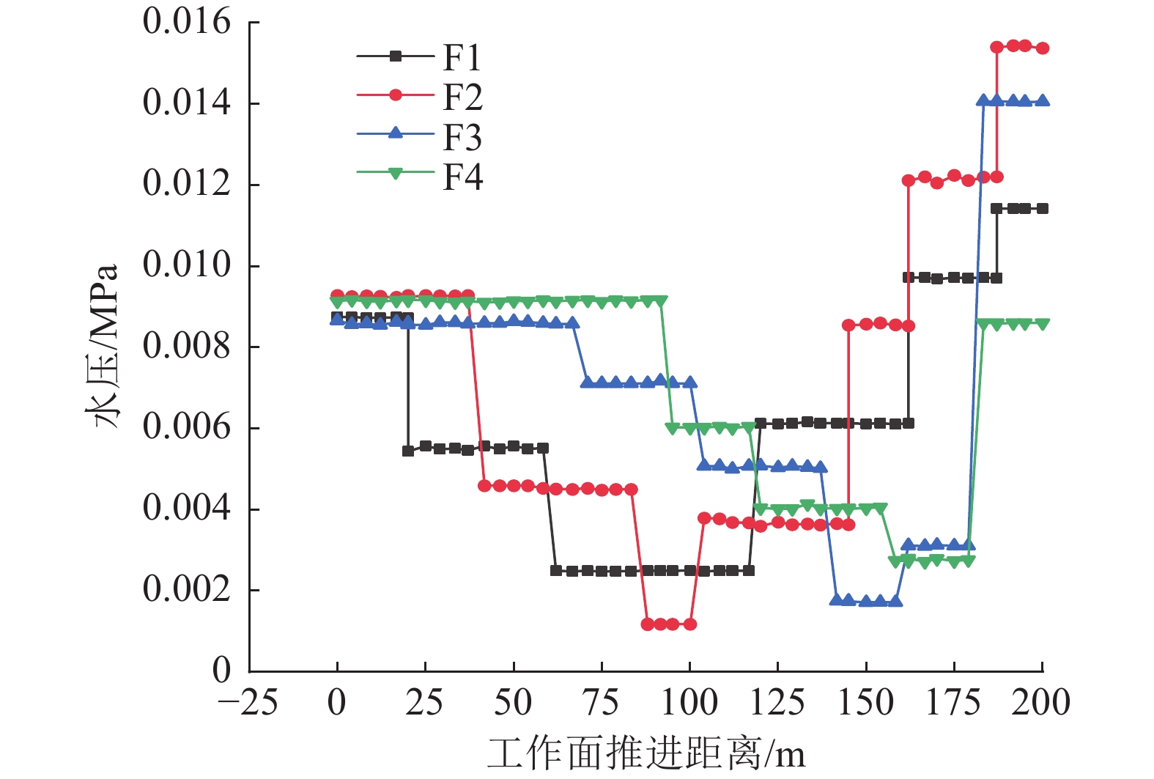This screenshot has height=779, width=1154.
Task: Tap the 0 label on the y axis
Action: (221, 669)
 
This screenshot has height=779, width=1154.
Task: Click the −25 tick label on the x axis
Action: (248, 703)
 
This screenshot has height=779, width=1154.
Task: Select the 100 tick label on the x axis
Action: (689, 703)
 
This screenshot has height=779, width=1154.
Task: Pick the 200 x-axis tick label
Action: (1041, 703)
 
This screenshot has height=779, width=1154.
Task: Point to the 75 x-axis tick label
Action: (602, 703)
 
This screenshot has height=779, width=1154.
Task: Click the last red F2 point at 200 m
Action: (1043, 48)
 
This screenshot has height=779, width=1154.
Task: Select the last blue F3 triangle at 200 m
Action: (1043, 101)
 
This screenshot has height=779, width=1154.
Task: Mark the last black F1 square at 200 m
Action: (1043, 209)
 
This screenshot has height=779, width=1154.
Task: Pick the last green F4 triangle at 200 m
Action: (1043, 325)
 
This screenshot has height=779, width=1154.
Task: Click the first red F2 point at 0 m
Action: (337, 295)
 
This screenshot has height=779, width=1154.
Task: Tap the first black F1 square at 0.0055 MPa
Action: (408, 451)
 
